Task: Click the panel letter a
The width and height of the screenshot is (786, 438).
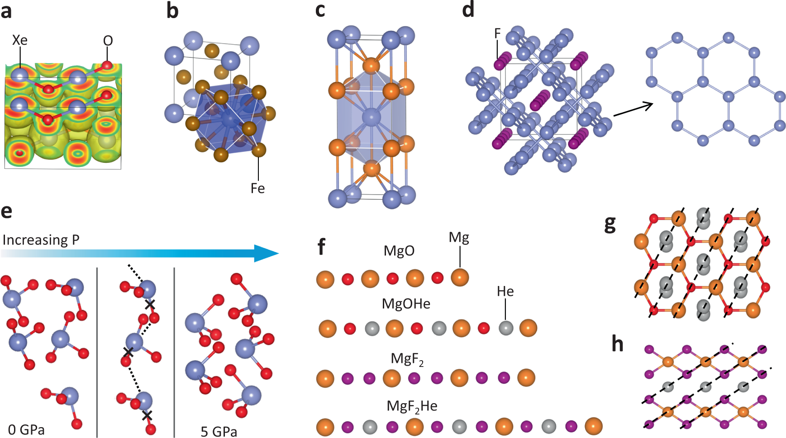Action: [6, 11]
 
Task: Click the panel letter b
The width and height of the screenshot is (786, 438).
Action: [172, 11]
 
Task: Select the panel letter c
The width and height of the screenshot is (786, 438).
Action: [320, 10]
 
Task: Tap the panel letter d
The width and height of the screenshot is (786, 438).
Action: [468, 10]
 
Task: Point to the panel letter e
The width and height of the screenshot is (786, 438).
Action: [6, 211]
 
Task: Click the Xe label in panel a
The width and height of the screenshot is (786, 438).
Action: [19, 40]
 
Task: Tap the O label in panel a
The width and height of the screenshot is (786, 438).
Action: [108, 41]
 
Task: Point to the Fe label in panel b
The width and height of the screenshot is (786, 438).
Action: [257, 188]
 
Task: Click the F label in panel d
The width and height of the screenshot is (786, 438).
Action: [497, 33]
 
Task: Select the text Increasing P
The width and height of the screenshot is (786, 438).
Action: [41, 239]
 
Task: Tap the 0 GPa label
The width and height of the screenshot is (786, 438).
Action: [26, 429]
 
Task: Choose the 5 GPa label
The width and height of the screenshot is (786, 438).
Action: [219, 431]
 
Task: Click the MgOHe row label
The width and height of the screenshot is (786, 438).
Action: [406, 304]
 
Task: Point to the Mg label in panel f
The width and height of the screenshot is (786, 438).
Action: [459, 237]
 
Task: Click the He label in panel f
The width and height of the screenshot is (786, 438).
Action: [505, 291]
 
